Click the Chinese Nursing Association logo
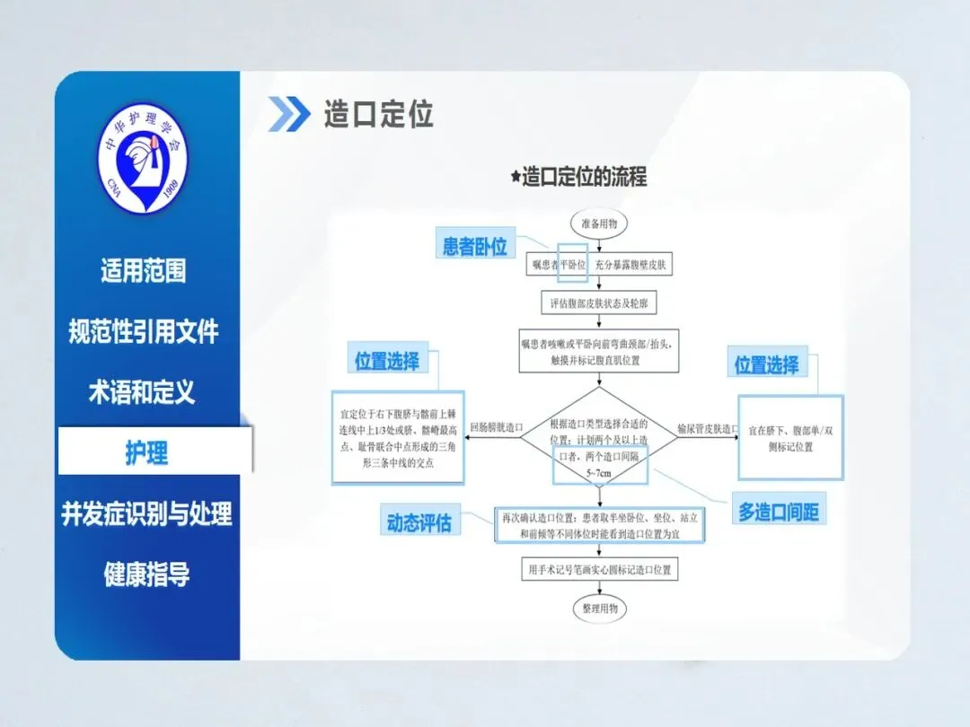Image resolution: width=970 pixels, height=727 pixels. click(143, 159)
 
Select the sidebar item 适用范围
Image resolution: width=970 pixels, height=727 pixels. click(144, 270)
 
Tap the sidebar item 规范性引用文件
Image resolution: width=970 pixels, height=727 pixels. click(144, 331)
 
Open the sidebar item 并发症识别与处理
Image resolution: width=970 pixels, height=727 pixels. click(146, 513)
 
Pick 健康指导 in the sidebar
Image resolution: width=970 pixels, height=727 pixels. click(146, 574)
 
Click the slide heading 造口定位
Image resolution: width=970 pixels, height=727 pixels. click(378, 115)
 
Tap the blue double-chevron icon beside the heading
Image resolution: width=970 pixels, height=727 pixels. click(288, 114)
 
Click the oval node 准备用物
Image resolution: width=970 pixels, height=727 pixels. click(598, 223)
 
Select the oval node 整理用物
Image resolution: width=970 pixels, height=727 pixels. click(599, 608)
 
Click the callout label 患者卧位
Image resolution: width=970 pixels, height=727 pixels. click(475, 246)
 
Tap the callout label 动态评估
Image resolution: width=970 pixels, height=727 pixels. click(419, 522)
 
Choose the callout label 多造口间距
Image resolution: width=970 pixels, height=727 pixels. click(778, 512)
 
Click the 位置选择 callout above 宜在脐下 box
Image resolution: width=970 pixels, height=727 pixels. click(766, 364)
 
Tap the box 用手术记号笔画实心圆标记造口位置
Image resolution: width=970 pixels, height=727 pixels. click(599, 569)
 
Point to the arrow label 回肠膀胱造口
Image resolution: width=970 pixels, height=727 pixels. click(496, 429)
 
